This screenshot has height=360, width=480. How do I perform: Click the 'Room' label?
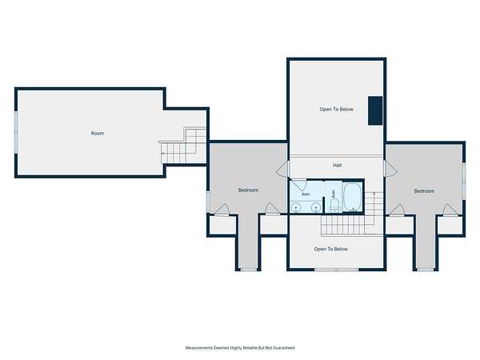pos(98,134)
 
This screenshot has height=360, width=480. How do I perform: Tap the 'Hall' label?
pos(337,166)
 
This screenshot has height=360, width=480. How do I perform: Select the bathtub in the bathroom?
pos(352,197)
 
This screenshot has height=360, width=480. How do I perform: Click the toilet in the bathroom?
pos(334,205)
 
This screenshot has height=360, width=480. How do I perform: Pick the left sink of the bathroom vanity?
pos(296,207)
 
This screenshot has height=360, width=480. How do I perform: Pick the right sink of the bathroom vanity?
pos(316,207)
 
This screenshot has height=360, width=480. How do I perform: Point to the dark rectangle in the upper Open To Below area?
pos(375,110)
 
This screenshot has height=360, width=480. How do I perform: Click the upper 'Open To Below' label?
pos(337,110)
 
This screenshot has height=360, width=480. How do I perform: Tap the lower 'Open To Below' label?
pos(331,249)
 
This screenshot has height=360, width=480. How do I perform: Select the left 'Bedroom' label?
pos(248,190)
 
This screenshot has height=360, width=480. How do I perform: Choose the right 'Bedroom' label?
pos(424,191)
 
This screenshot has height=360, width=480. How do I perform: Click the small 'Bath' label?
pos(306,194)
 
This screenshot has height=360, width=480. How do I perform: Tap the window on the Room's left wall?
pos(16,132)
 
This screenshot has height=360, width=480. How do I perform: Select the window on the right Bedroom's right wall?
pos(464,182)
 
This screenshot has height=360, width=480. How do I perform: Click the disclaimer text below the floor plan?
pos(240,348)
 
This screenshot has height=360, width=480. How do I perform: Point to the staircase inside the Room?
pos(183,146)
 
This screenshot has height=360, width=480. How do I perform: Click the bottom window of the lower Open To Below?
pos(337,270)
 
